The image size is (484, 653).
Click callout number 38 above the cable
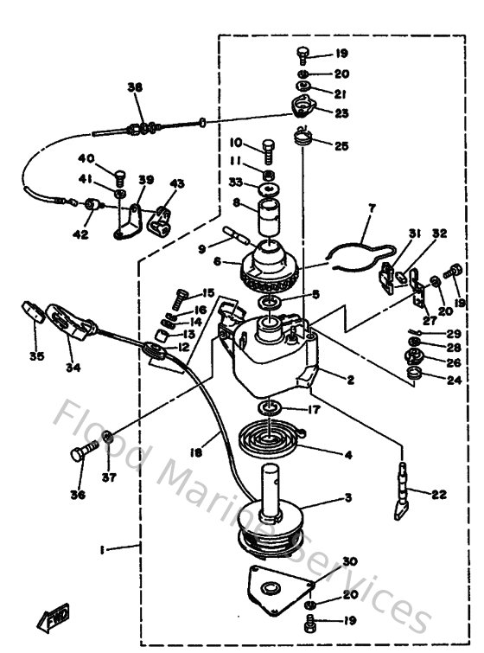point(134,87)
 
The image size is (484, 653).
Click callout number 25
point(341,146)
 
